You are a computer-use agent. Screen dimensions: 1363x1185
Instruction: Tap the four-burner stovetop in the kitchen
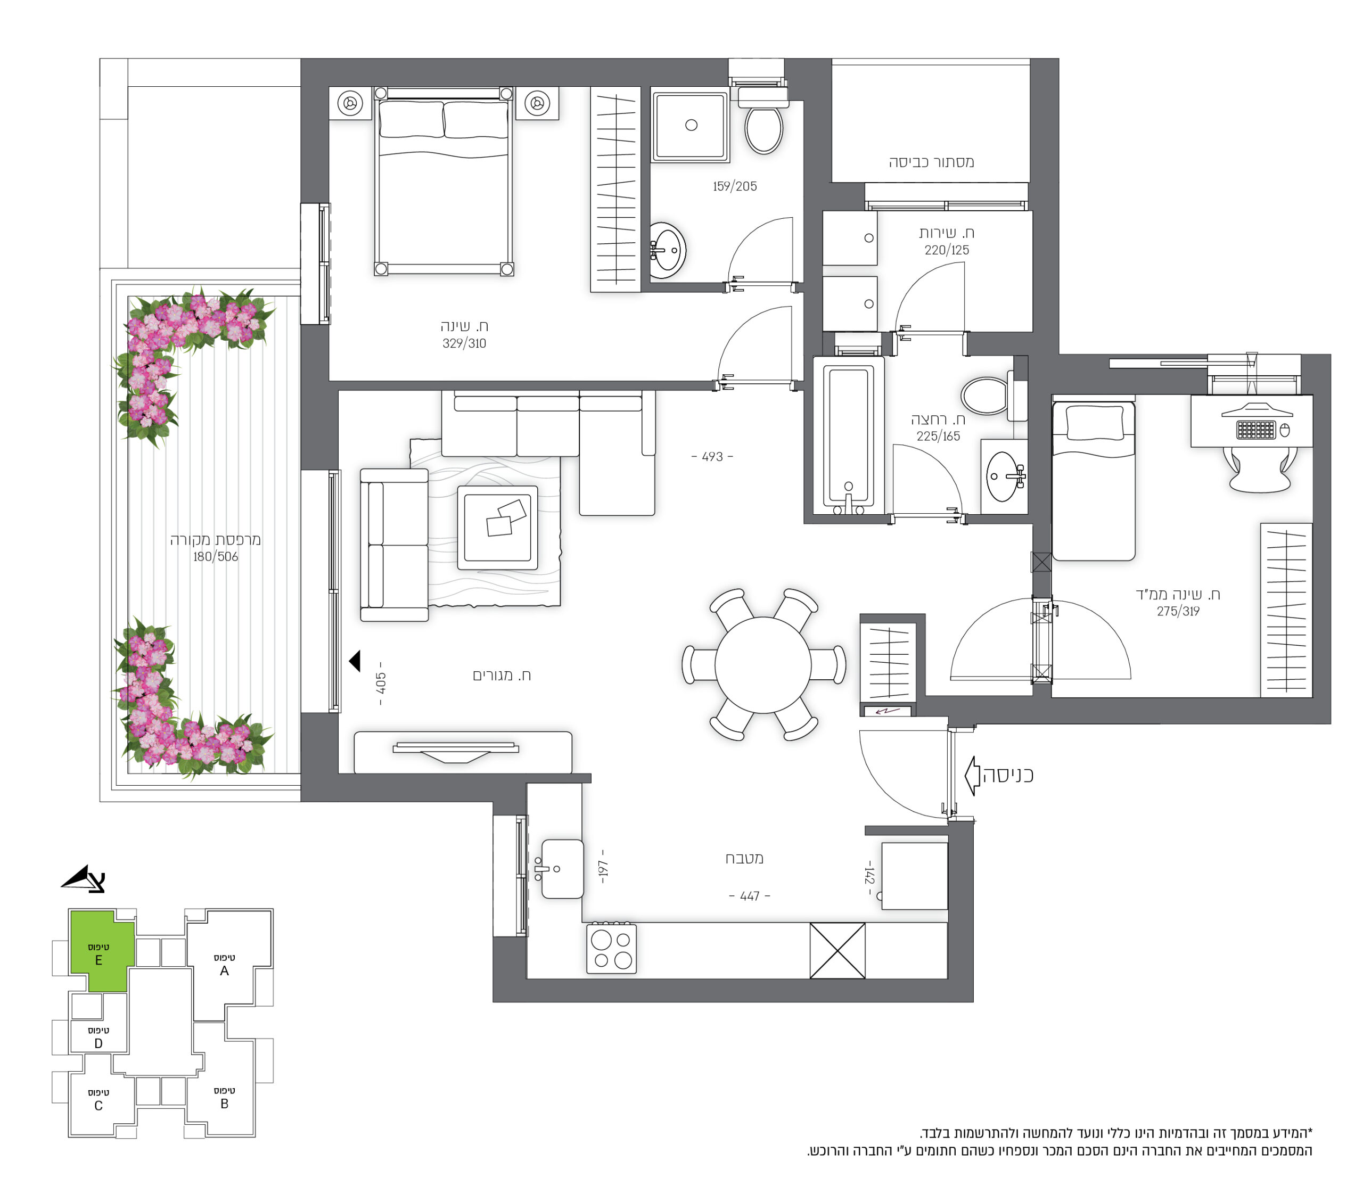(x=611, y=949)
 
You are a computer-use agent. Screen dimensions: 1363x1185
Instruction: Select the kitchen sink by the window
(x=562, y=868)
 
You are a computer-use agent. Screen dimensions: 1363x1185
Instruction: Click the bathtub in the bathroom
(x=849, y=437)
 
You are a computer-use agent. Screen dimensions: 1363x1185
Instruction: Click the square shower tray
(x=691, y=126)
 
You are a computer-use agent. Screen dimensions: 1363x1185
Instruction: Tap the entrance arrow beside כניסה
(x=972, y=776)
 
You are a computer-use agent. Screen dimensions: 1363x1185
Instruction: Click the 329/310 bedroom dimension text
(x=464, y=343)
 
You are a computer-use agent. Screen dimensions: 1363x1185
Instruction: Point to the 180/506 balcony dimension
(x=216, y=557)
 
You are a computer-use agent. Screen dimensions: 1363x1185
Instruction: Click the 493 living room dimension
(x=712, y=457)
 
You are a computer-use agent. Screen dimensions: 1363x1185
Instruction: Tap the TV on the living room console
(x=456, y=751)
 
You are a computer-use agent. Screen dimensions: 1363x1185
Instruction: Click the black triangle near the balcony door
(x=355, y=661)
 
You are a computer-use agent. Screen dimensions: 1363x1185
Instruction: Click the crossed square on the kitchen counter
(x=837, y=950)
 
